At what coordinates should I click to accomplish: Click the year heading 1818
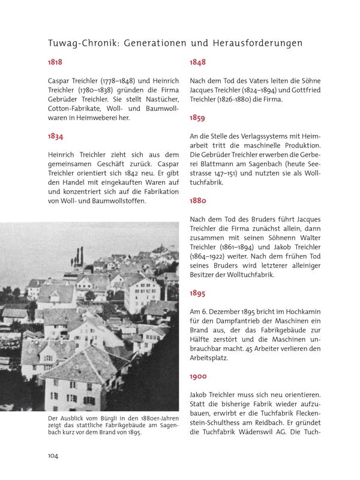55,62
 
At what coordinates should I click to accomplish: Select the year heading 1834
56,136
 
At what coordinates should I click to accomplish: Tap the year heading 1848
197,62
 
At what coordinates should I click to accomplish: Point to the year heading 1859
197,118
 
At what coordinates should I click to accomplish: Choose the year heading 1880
198,201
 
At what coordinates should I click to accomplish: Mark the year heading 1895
197,293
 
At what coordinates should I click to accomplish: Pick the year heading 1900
198,376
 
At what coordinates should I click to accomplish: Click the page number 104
53,456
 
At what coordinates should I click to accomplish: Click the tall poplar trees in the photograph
79,256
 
